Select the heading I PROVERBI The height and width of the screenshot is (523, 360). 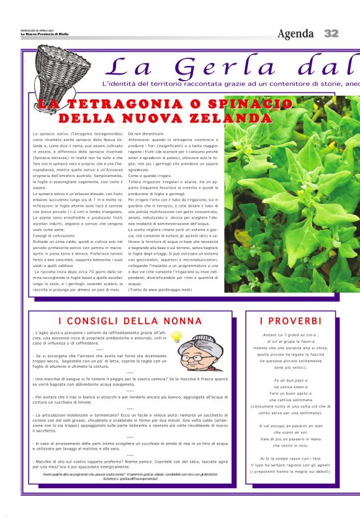[291, 321]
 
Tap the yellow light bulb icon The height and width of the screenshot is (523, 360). [176, 337]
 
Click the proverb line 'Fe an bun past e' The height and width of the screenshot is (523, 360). [290, 380]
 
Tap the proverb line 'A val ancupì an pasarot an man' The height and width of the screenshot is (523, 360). [290, 425]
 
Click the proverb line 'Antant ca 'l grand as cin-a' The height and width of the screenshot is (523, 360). [290, 335]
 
